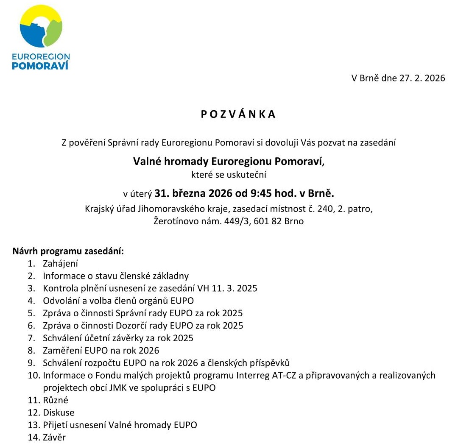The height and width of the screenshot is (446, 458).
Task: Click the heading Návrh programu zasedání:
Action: (68, 251)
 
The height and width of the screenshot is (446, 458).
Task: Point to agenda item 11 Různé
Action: (55, 400)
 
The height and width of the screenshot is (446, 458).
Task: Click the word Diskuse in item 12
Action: (59, 413)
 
